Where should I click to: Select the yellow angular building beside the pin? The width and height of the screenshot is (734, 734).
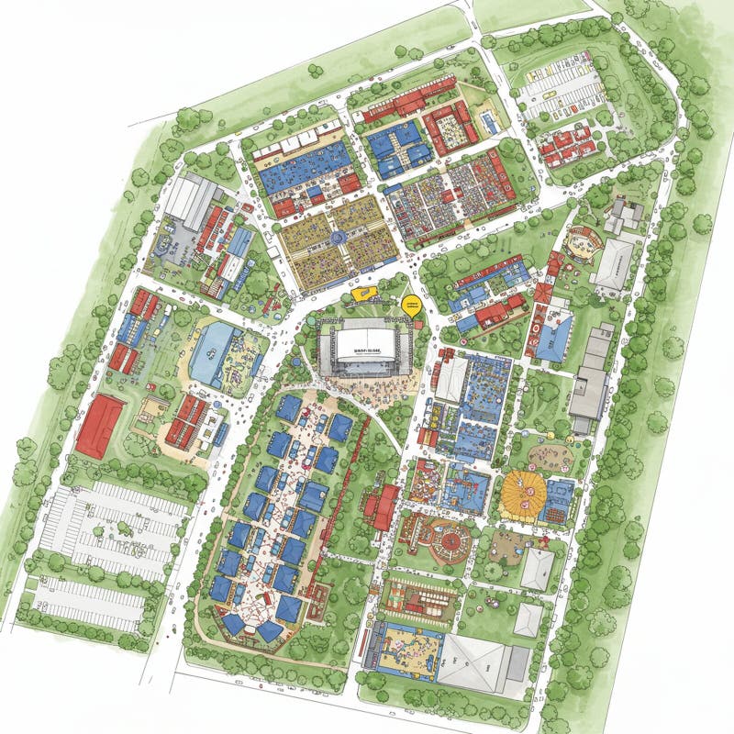click(365, 295)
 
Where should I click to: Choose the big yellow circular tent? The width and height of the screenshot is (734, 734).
click(524, 495)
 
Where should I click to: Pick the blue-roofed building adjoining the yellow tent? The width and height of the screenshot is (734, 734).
click(558, 501)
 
